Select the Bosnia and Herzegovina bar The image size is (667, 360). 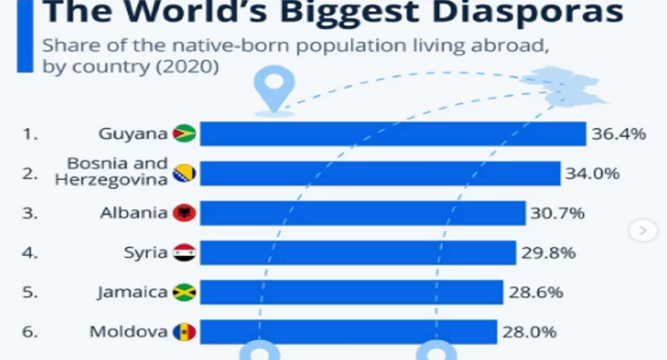380,173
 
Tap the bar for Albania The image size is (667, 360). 362,213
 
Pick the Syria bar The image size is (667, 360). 358,253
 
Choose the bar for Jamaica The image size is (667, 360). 351,293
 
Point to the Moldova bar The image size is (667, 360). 348,332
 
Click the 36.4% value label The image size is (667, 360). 618,134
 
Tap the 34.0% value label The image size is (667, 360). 593,173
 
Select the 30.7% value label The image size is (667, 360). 558,213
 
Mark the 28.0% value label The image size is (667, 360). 530,332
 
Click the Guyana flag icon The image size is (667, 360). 184,134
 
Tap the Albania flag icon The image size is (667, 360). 184,213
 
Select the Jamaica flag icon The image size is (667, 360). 184,293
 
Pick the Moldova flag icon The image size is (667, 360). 184,332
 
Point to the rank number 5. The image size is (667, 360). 30,293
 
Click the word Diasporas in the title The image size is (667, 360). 532,13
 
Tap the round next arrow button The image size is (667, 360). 643,230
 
